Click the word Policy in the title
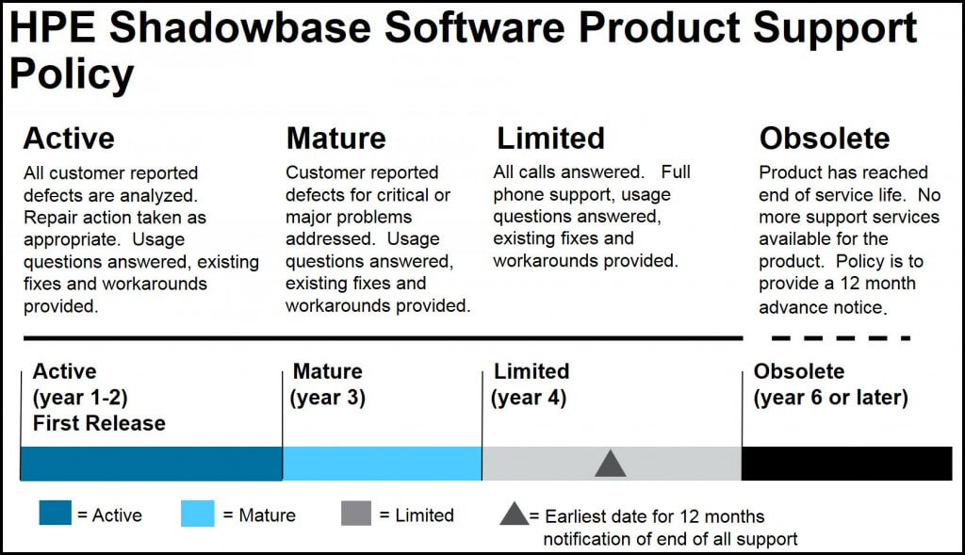click(x=72, y=74)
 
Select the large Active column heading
click(x=69, y=138)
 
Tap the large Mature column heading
click(x=336, y=138)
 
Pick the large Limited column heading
click(x=550, y=138)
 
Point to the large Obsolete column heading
click(x=825, y=138)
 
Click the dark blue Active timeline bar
click(x=152, y=464)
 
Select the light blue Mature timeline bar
click(x=383, y=464)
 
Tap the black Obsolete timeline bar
click(x=847, y=464)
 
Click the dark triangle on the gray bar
click(x=611, y=465)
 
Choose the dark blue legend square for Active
click(x=55, y=514)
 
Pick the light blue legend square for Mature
click(x=198, y=514)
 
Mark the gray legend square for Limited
click(x=356, y=514)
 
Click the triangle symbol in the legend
click(x=515, y=515)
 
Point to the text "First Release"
click(x=99, y=423)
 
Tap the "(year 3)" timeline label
click(x=327, y=398)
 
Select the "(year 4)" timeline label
click(x=528, y=398)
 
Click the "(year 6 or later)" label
click(x=831, y=398)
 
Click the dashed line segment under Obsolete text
click(x=841, y=337)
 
